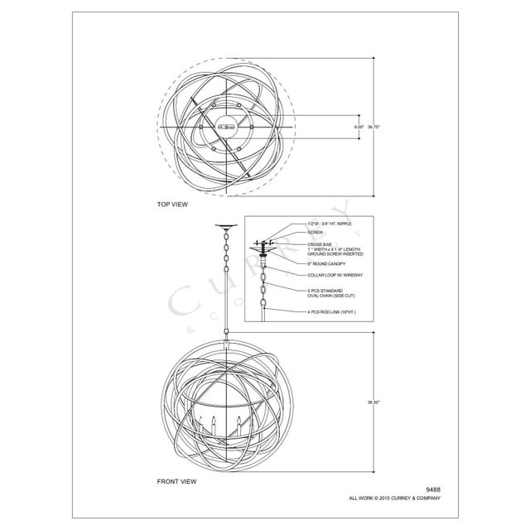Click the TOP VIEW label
[173, 204]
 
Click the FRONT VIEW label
[176, 480]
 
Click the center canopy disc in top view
[224, 126]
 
